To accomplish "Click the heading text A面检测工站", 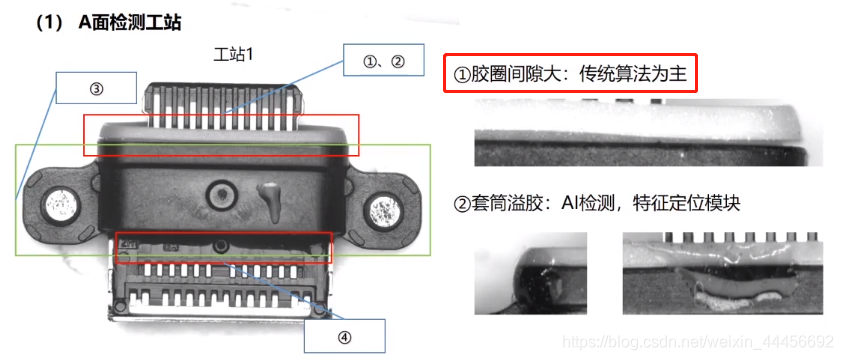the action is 128,24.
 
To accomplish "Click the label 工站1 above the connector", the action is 233,55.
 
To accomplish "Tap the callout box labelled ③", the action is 96,87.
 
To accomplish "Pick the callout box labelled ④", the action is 345,336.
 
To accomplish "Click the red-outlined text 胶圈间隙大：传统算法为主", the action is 570,74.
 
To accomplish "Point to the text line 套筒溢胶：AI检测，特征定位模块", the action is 597,204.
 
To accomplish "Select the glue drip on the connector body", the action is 270,201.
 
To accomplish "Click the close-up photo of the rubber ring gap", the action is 648,132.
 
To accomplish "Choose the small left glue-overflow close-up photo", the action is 530,273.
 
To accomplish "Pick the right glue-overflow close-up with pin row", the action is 723,273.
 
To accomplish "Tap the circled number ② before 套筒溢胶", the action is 462,204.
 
